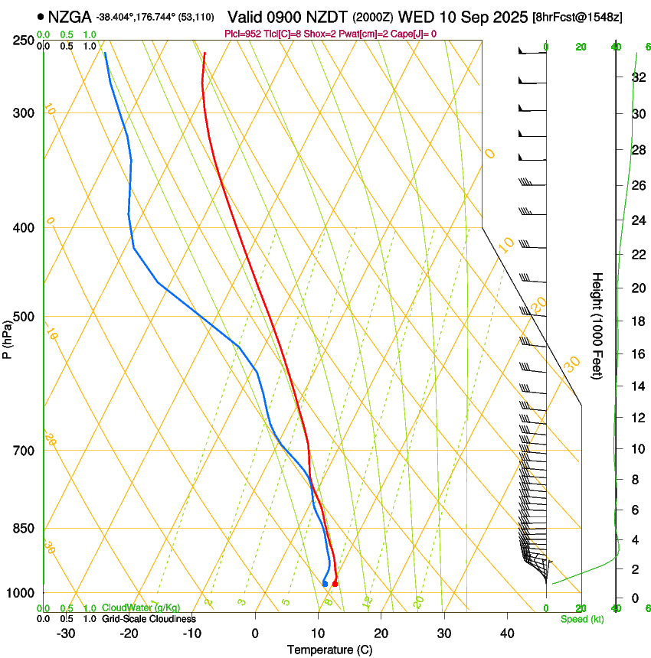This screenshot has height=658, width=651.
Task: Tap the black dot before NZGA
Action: click(40, 16)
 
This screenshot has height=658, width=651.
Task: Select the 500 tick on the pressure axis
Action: click(23, 317)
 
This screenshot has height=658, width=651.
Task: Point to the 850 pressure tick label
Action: click(23, 529)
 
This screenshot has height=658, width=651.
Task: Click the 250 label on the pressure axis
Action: click(23, 40)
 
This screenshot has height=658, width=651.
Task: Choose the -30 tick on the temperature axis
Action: click(66, 634)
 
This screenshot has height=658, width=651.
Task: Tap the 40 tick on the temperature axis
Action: click(506, 634)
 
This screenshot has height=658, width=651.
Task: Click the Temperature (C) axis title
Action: click(329, 650)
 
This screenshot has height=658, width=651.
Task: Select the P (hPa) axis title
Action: click(8, 337)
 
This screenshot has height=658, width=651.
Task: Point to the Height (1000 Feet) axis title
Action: click(597, 326)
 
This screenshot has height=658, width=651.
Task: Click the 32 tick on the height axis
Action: click(637, 77)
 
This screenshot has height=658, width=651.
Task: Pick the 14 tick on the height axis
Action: click(637, 387)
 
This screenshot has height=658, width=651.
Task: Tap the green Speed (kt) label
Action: click(581, 619)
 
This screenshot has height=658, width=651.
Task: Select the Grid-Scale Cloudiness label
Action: click(149, 619)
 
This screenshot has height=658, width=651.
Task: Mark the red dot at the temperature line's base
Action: click(335, 584)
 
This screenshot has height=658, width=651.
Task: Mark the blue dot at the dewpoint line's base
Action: click(325, 584)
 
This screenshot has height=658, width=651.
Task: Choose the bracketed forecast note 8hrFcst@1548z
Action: click(588, 17)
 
